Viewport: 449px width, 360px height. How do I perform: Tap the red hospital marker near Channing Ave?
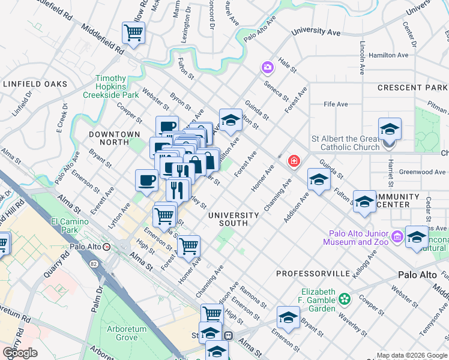pyautogui.click(x=294, y=160)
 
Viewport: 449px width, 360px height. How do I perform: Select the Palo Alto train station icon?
pyautogui.click(x=107, y=247)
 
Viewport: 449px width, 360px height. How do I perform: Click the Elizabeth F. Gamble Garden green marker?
pyautogui.click(x=344, y=298)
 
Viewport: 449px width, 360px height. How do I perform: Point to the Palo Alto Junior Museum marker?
pyautogui.click(x=397, y=238)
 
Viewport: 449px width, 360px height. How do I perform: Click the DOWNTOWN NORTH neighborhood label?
pyautogui.click(x=114, y=138)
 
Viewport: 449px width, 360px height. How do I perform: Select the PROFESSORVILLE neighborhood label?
pyautogui.click(x=313, y=273)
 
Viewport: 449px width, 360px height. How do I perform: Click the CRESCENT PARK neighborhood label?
pyautogui.click(x=413, y=88)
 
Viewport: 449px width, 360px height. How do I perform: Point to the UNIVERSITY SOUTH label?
pyautogui.click(x=234, y=219)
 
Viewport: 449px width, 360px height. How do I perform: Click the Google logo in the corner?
pyautogui.click(x=20, y=353)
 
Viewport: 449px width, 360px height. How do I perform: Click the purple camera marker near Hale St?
pyautogui.click(x=267, y=67)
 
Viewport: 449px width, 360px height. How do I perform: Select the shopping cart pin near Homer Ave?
pyautogui.click(x=188, y=245)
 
